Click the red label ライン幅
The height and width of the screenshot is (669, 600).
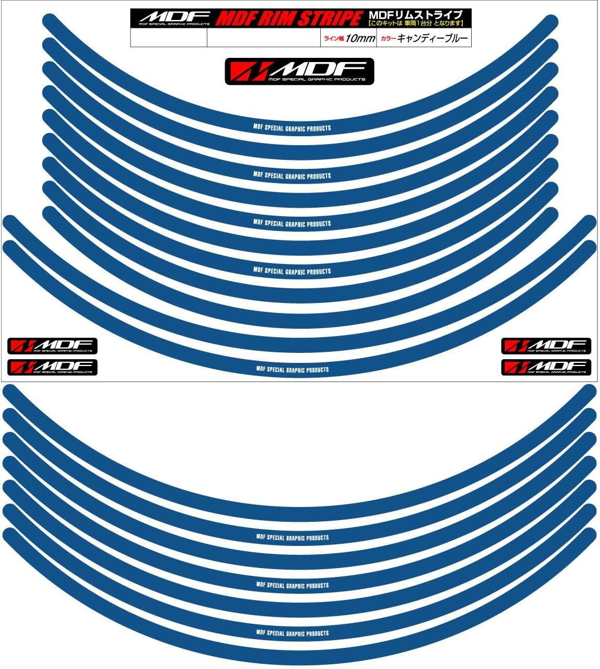point(333,38)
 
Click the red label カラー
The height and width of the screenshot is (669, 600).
point(388,38)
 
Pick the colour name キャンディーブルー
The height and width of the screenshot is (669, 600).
point(433,38)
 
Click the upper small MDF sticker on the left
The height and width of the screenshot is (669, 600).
point(52,346)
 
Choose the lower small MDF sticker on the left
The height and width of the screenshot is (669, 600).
point(52,367)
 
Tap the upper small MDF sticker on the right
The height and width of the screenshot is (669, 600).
point(546,346)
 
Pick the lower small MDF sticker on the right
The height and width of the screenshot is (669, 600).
point(546,367)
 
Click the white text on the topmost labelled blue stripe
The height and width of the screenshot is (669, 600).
point(292,128)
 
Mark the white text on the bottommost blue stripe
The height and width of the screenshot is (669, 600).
point(292,633)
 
